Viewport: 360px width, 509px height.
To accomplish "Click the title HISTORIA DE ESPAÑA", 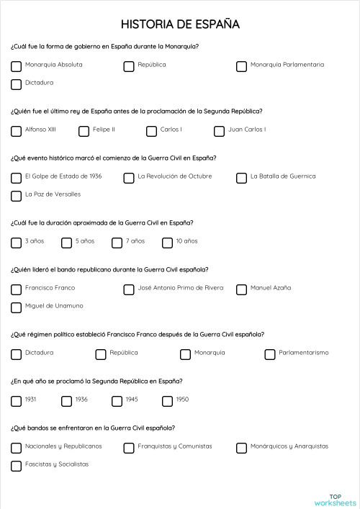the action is [180, 25].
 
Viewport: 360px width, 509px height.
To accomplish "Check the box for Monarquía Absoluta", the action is [16, 66].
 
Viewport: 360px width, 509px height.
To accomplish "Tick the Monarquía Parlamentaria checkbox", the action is [242, 66].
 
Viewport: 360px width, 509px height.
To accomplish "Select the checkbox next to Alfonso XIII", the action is [16, 131].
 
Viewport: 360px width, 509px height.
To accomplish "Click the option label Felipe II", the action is [103, 130].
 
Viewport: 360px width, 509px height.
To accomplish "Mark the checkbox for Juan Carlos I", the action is [219, 131].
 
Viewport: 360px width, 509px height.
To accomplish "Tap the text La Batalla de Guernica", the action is [282, 176].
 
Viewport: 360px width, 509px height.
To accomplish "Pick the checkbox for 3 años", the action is [16, 243].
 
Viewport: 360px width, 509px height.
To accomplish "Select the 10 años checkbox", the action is [167, 243].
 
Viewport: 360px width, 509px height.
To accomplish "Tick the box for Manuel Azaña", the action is [242, 289].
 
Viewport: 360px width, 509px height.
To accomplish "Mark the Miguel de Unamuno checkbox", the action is [16, 307].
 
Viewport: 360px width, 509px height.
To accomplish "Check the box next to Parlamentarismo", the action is [270, 354].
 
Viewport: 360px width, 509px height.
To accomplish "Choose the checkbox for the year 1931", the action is [16, 401].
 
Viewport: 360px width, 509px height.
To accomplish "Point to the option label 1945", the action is [132, 400].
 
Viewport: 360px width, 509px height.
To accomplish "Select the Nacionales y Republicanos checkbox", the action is [16, 448].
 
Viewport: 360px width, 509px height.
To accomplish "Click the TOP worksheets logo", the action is [335, 500].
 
